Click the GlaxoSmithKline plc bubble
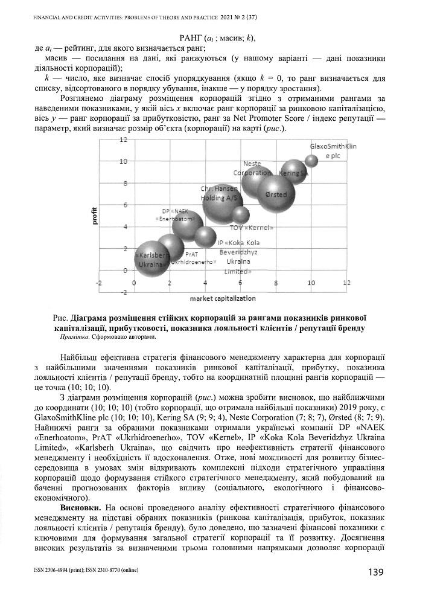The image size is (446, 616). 311,160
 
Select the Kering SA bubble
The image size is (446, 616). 294,173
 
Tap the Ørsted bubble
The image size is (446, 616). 276,194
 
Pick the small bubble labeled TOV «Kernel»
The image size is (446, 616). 241,215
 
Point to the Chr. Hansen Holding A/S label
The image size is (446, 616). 220,193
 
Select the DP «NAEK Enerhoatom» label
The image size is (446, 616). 175,214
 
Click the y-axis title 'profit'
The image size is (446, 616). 94,216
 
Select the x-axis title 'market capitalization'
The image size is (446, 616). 222,298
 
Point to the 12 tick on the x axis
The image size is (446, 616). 345,283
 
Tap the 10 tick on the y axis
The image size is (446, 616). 123,161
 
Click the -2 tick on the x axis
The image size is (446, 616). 101,283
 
